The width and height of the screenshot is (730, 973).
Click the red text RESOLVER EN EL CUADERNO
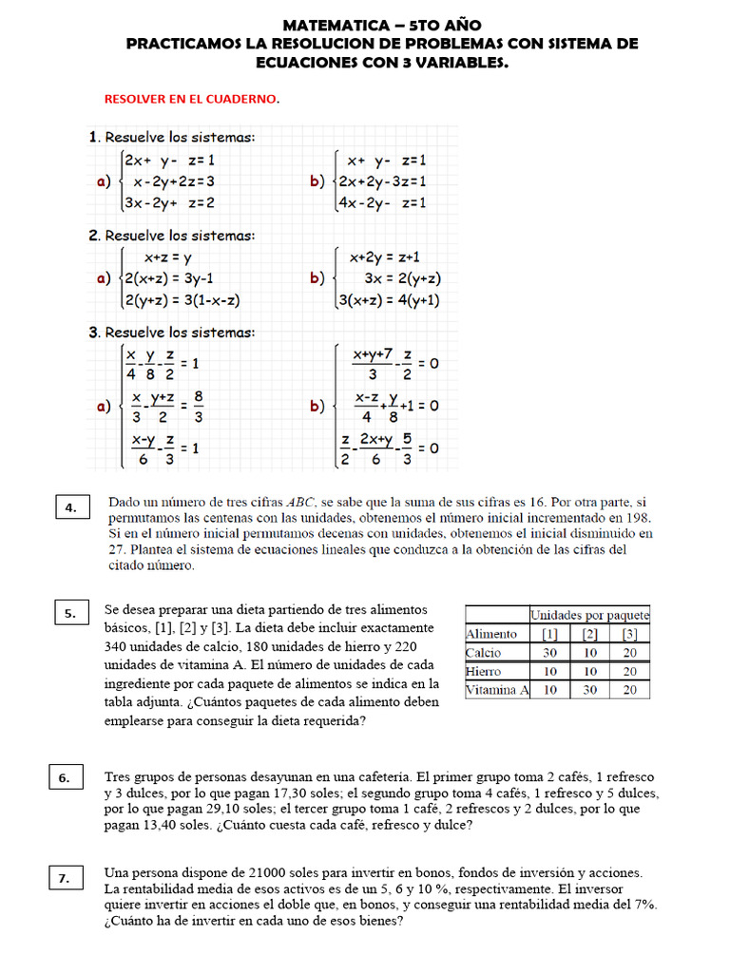point(191,98)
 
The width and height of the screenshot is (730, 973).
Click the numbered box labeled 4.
point(70,508)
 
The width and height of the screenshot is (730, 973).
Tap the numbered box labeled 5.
point(70,614)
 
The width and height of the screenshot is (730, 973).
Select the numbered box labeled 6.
point(65,778)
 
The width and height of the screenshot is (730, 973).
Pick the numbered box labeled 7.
point(65,879)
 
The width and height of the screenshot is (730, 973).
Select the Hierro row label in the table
point(484,671)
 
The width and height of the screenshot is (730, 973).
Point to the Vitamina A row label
point(496,690)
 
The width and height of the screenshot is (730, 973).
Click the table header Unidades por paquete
point(589,615)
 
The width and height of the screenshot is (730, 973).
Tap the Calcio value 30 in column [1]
point(549,653)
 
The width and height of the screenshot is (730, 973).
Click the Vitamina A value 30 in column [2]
point(589,690)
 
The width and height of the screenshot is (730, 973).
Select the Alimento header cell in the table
point(491,634)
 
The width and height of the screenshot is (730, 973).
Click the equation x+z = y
point(167,258)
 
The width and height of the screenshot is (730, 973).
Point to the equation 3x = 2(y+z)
point(402,278)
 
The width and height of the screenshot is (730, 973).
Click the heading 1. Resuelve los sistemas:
point(171,137)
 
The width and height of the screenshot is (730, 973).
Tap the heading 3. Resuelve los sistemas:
point(171,333)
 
